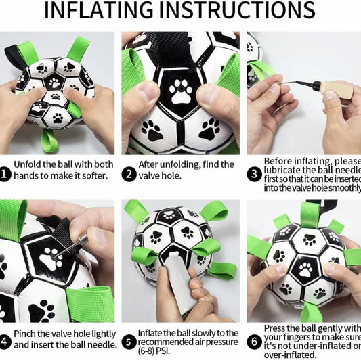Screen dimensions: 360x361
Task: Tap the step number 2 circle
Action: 128,174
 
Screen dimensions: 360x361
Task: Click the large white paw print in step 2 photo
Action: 181,91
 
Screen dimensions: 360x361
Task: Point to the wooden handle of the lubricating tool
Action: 337,91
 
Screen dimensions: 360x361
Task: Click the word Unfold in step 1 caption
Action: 29,164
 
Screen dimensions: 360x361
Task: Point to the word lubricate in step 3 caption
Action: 284,171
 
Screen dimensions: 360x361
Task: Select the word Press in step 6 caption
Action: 276,328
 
